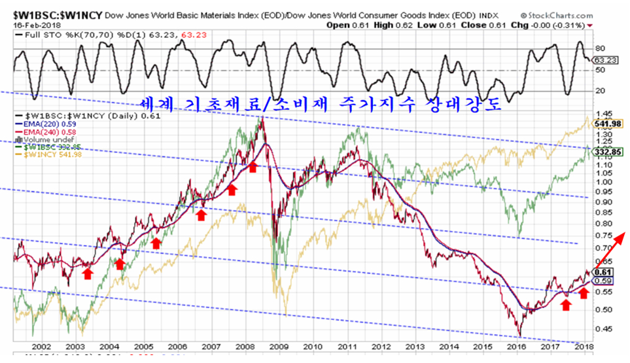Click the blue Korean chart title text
[321, 104]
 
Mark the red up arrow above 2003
[88, 273]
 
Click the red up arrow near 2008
[253, 167]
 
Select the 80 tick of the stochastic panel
[598, 48]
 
